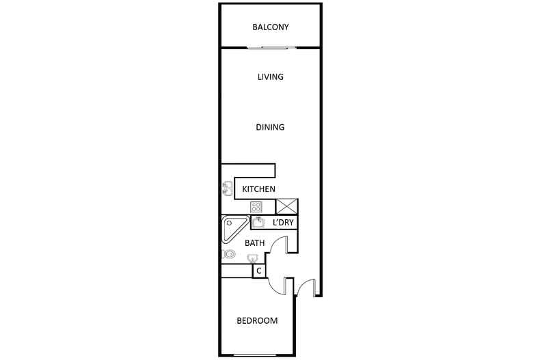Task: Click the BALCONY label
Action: click(x=271, y=28)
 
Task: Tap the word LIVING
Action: click(x=271, y=77)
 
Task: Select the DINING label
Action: click(x=270, y=128)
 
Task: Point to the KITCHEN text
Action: click(x=258, y=189)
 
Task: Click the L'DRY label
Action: click(x=283, y=223)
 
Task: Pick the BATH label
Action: click(x=255, y=243)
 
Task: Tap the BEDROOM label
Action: click(x=257, y=321)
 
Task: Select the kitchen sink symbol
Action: click(x=226, y=189)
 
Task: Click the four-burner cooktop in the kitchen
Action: click(x=256, y=206)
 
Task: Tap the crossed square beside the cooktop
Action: click(x=286, y=206)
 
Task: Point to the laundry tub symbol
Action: click(x=259, y=222)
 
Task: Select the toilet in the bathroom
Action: click(x=229, y=255)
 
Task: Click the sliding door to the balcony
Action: click(x=271, y=47)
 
